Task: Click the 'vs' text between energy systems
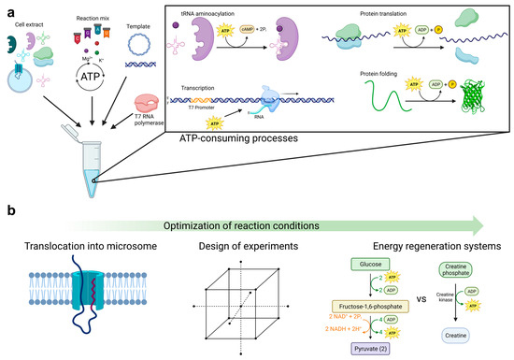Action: [427, 304]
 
